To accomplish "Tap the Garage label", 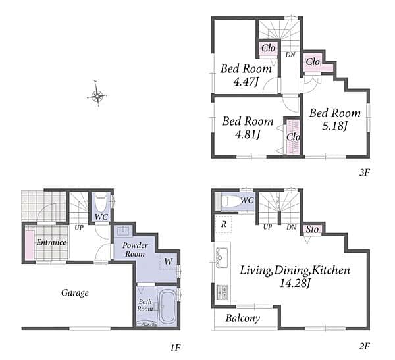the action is click(x=75, y=292).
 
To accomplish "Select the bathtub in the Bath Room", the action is click(x=167, y=307).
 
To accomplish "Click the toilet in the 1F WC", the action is click(x=101, y=203).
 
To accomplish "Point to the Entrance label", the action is click(x=51, y=242).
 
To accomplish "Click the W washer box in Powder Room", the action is click(x=169, y=261).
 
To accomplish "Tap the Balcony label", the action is click(x=242, y=318).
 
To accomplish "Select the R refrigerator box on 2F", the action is click(x=223, y=224).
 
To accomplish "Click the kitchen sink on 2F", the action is click(x=223, y=257).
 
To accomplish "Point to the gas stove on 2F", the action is click(x=223, y=292).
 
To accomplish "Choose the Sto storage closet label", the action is click(x=312, y=229).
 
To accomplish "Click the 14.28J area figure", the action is click(x=295, y=284).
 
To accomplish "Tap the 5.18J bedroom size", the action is click(x=334, y=126).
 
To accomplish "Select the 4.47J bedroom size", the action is click(x=246, y=82).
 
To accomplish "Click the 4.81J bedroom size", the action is click(x=248, y=134).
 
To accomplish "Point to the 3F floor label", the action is click(x=364, y=172).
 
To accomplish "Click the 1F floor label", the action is click(x=175, y=348).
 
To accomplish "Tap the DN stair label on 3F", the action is click(x=290, y=55).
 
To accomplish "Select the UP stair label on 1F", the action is click(x=79, y=228).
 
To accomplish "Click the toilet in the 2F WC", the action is click(x=230, y=201).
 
